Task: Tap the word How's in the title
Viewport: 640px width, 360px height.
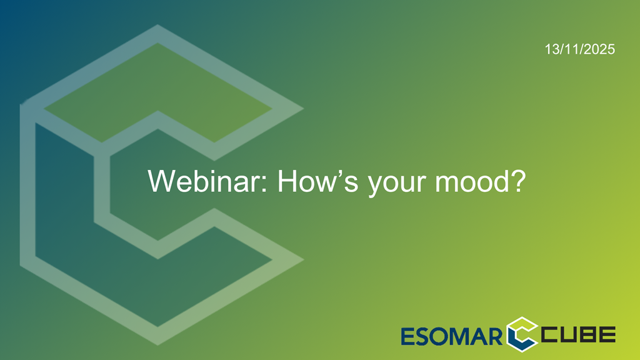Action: click(318, 181)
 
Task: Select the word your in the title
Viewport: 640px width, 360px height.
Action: click(396, 184)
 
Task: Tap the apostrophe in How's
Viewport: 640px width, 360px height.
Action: click(339, 172)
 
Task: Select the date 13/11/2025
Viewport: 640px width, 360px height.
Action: click(579, 49)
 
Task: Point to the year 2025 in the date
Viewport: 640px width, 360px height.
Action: click(601, 49)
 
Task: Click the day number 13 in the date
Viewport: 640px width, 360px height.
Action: click(552, 49)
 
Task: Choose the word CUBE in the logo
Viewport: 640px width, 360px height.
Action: click(578, 334)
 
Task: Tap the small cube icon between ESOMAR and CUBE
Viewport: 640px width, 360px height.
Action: click(522, 334)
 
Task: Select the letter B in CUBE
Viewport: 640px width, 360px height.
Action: click(587, 334)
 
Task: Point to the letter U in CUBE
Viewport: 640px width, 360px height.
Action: click(569, 334)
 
